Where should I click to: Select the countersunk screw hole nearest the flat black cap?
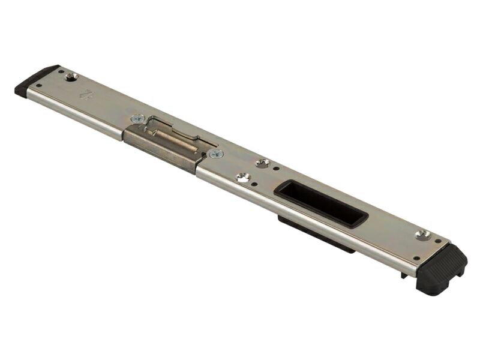pos(71,76)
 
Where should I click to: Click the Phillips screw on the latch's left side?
pos(137,118)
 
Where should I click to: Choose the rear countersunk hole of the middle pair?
pos(262,163)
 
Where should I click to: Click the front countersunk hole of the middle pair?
pos(243,177)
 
